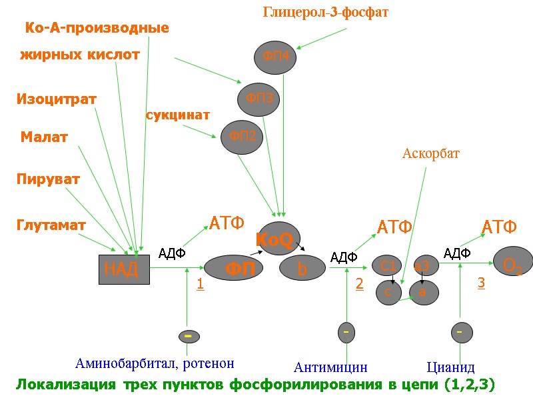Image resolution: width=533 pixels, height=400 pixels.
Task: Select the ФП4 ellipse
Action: pos(275,56)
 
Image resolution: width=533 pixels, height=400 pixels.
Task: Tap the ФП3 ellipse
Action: pos(259,99)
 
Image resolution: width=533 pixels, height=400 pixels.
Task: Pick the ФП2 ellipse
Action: pos(242,137)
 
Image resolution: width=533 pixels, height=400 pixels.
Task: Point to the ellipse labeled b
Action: pos(302,269)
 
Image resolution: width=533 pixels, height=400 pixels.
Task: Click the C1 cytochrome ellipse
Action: pos(388,266)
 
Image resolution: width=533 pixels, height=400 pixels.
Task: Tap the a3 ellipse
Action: pos(426,265)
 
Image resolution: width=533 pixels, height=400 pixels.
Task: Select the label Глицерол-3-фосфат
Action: pos(326,12)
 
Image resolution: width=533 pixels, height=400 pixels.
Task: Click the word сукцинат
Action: pos(178,115)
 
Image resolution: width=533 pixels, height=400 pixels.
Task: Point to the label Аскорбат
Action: pos(431,153)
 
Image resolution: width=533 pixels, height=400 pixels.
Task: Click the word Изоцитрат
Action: pos(57,99)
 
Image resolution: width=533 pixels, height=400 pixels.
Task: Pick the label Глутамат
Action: pos(51,225)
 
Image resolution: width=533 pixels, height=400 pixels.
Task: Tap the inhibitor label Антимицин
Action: pos(330,367)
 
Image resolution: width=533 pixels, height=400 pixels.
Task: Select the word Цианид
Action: pos(450,367)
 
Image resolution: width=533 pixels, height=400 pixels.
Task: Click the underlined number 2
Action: pos(359,284)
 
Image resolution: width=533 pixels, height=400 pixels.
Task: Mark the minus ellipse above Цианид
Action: pos(460,331)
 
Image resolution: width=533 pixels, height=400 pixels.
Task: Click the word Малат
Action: pos(44,137)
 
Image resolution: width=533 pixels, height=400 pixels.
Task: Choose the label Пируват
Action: pos(48,179)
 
